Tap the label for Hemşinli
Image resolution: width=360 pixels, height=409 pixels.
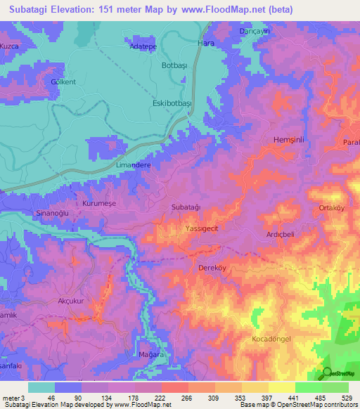287,141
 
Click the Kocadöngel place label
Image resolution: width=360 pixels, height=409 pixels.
271,339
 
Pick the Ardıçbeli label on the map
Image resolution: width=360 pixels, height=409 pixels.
282,235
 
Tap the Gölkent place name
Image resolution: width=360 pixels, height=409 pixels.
63,82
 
